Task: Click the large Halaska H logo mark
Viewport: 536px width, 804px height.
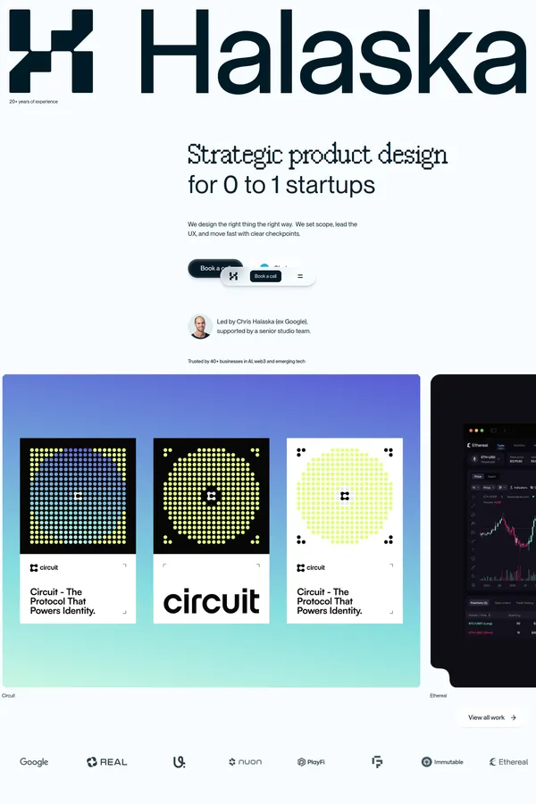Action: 51,51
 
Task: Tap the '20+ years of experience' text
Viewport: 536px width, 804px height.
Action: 33,102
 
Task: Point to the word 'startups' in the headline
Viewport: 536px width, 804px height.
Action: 333,185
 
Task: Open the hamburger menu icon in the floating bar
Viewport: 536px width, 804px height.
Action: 300,276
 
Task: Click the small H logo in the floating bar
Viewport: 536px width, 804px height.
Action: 233,276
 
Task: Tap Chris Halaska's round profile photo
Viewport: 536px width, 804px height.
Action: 200,326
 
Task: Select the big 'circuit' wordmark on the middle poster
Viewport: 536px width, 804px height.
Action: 212,600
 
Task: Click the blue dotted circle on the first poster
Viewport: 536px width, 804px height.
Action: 78,496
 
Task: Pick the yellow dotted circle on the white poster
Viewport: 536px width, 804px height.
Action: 345,496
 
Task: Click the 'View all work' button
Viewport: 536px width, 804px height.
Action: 492,717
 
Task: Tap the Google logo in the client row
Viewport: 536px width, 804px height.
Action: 34,762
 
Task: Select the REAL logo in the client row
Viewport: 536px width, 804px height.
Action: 106,762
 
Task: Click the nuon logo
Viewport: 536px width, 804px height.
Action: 245,762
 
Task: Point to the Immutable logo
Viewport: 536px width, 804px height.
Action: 442,762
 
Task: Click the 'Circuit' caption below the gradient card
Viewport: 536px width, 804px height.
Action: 9,695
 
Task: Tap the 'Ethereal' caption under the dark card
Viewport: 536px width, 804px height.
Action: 439,695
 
